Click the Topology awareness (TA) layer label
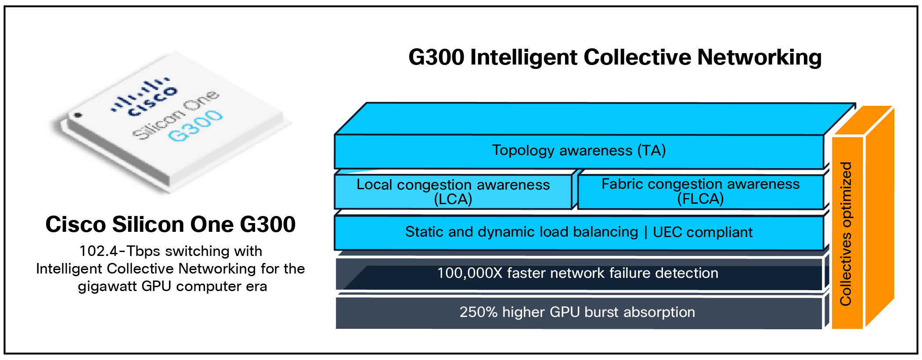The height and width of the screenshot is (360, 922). pos(579,151)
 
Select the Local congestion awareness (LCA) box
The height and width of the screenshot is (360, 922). pos(453,192)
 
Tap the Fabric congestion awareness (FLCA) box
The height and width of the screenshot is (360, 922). pos(700,191)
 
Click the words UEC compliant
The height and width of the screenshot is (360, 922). pos(702,232)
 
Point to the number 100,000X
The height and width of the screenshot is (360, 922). pos(469,273)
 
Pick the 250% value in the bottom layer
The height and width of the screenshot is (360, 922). pos(478,312)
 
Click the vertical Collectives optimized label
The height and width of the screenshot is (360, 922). pos(846,234)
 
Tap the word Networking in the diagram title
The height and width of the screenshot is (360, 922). pos(760,58)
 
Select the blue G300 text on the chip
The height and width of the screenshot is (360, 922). pos(196,126)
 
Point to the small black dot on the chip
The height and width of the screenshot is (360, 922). pos(78,115)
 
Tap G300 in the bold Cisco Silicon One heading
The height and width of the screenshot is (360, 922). pos(268,225)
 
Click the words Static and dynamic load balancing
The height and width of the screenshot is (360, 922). pos(521,232)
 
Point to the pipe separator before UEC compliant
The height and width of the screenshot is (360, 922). pos(645,232)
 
